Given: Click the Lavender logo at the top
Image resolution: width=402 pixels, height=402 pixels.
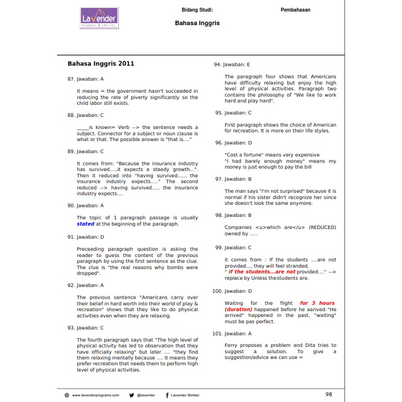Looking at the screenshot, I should (99, 18).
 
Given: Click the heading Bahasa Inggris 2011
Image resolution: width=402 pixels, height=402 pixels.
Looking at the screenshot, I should (101, 63).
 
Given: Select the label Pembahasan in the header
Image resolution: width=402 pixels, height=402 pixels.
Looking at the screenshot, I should (295, 10).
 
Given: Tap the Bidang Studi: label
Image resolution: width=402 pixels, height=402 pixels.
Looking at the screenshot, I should (197, 10).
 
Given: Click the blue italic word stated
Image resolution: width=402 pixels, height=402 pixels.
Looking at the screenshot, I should (86, 224).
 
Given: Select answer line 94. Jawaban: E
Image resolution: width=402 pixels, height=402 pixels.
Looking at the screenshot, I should (232, 64).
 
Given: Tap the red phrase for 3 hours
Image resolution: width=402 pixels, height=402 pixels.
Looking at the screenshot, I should (317, 303).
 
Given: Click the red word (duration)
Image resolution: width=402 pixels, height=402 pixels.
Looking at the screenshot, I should (238, 309).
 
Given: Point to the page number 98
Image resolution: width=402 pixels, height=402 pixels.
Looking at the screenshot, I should (329, 394).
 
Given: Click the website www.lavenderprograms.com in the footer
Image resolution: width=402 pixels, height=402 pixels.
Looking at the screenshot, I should (95, 395).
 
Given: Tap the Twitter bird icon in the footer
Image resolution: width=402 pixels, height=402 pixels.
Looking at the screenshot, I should (131, 395).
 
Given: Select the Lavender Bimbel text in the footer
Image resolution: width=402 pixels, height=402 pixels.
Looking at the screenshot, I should (186, 395).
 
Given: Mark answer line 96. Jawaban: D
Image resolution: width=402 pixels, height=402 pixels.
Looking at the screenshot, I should (233, 143).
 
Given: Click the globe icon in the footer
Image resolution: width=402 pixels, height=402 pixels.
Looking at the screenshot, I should (67, 395).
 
